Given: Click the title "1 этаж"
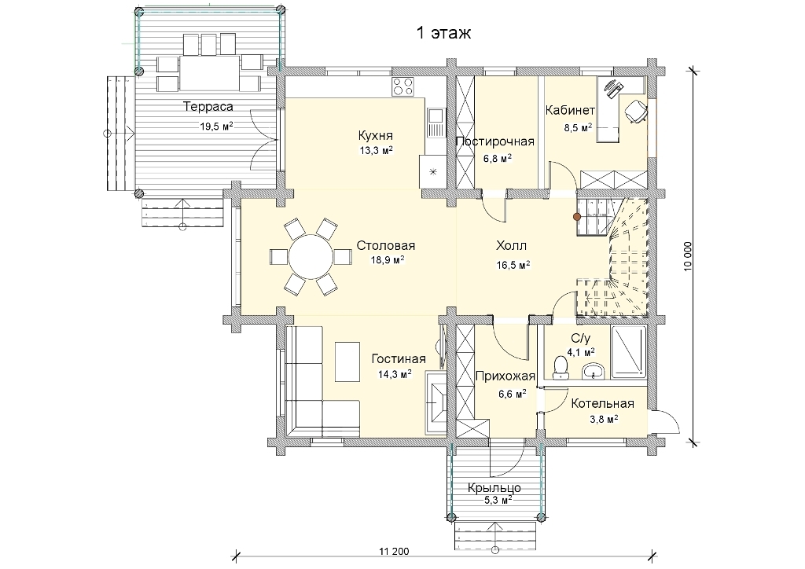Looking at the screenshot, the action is pyautogui.click(x=443, y=33).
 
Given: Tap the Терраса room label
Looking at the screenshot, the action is pyautogui.click(x=208, y=107).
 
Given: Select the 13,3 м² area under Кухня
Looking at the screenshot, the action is pyautogui.click(x=376, y=150).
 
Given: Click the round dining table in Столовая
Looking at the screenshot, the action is pyautogui.click(x=311, y=256).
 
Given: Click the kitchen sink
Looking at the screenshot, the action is pyautogui.click(x=435, y=123).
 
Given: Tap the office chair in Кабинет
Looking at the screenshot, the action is pyautogui.click(x=635, y=110).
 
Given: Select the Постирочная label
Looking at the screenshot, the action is pyautogui.click(x=495, y=141).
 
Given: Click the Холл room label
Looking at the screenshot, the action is pyautogui.click(x=511, y=246).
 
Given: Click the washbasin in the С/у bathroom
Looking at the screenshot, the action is pyautogui.click(x=594, y=370).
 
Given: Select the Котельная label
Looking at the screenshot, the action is pyautogui.click(x=602, y=404).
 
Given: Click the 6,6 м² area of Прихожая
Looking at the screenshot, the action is pyautogui.click(x=512, y=394).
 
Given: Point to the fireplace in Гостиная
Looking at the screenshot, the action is pyautogui.click(x=436, y=402).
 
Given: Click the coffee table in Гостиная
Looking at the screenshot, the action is pyautogui.click(x=347, y=362).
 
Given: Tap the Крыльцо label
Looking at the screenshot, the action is pyautogui.click(x=494, y=487).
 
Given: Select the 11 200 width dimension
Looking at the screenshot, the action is pyautogui.click(x=395, y=552).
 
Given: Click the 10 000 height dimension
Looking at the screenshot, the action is pyautogui.click(x=688, y=256).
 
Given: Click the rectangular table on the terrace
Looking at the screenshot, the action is pyautogui.click(x=209, y=72).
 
